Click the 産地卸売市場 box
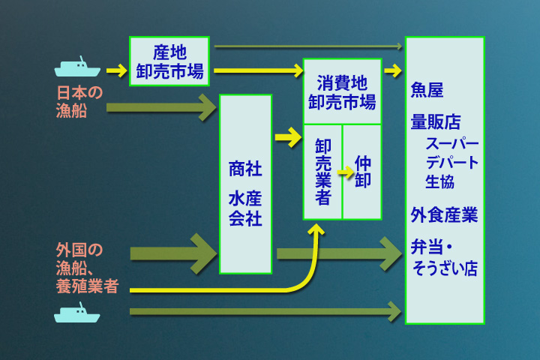pyautogui.click(x=169, y=61)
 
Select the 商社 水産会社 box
pyautogui.click(x=245, y=184)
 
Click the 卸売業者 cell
pyautogui.click(x=323, y=172)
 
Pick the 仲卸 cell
pyautogui.click(x=362, y=172)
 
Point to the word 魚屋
pyautogui.click(x=427, y=91)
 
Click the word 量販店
pyautogui.click(x=436, y=121)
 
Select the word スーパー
pyautogui.click(x=451, y=144)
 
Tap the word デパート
pyautogui.click(x=451, y=162)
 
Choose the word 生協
pyautogui.click(x=440, y=181)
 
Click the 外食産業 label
pyautogui.click(x=444, y=215)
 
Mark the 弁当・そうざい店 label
pyautogui.click(x=444, y=258)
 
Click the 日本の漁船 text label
pyautogui.click(x=79, y=101)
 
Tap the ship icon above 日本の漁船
pyautogui.click(x=77, y=67)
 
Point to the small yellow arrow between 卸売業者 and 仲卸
pyautogui.click(x=345, y=172)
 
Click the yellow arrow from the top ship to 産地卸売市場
pyautogui.click(x=116, y=71)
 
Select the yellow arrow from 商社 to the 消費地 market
pyautogui.click(x=287, y=138)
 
